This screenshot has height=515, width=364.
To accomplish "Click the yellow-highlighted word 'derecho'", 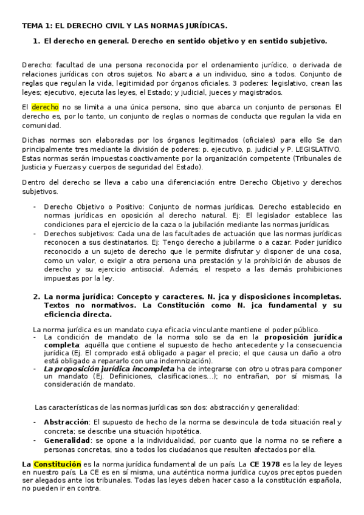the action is point(45,107).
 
